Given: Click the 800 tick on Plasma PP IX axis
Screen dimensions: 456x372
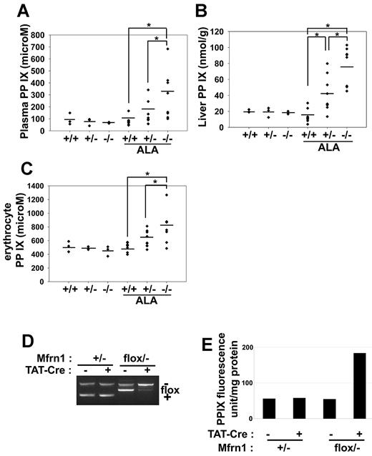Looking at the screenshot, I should point(37,34).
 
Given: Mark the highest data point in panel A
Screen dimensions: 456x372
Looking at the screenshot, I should point(166,49).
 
